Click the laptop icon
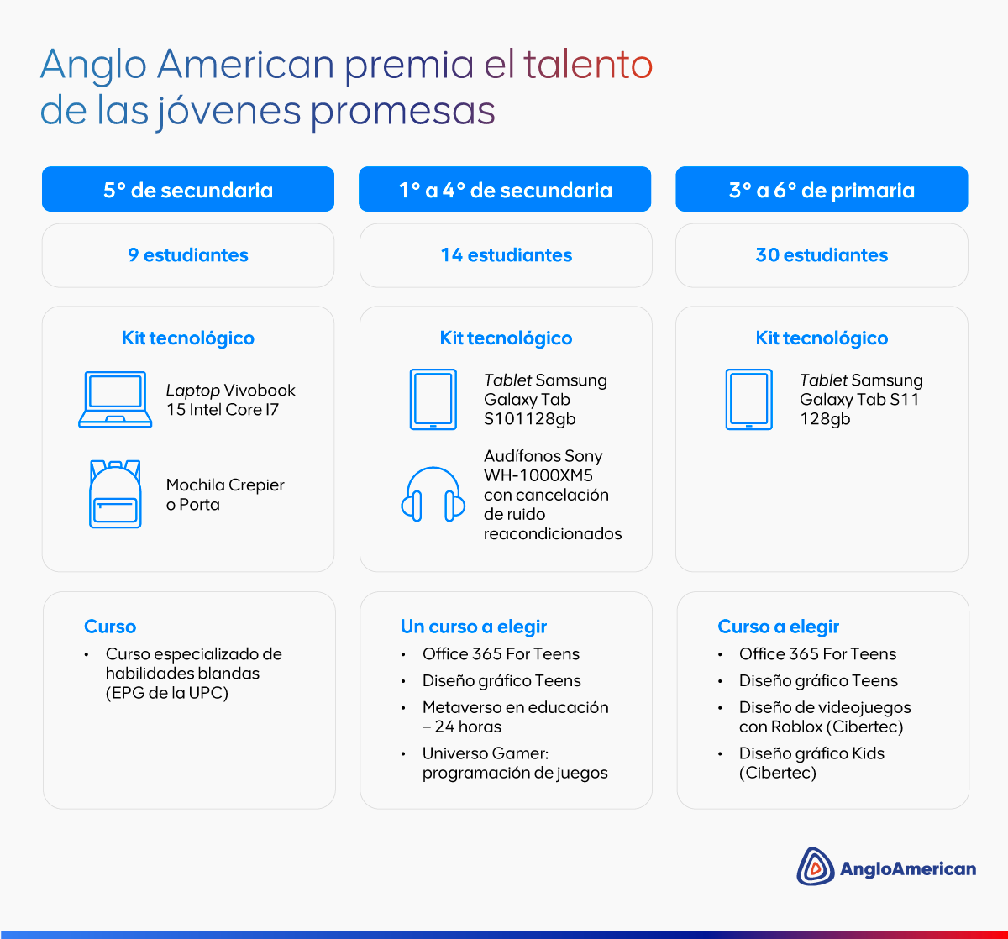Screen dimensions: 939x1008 click(x=115, y=399)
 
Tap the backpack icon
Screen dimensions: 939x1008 click(x=115, y=494)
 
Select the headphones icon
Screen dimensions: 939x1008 click(x=433, y=495)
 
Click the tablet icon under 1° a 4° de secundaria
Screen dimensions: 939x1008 click(x=433, y=400)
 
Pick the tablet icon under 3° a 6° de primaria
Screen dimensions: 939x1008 click(x=749, y=400)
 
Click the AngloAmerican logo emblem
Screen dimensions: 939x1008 click(x=815, y=867)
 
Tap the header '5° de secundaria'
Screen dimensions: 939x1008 click(x=188, y=190)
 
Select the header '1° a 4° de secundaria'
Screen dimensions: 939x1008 click(x=505, y=190)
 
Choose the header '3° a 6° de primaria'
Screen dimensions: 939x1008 click(x=822, y=190)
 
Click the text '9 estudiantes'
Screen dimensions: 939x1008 click(x=188, y=255)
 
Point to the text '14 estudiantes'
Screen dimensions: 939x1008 click(x=506, y=255)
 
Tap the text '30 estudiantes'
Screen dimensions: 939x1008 click(x=822, y=255)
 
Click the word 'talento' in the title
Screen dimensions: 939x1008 click(x=588, y=65)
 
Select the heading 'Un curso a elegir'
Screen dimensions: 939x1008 click(x=474, y=627)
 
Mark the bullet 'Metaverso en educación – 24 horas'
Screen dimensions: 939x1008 click(x=515, y=717)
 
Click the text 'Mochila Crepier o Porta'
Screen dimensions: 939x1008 click(x=225, y=495)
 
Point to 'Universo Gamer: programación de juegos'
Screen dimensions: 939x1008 click(x=515, y=763)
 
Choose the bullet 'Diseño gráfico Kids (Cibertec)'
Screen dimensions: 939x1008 click(x=811, y=763)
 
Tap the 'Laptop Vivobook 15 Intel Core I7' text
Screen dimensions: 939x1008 click(x=230, y=400)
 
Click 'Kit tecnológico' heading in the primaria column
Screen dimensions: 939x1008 click(x=822, y=338)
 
